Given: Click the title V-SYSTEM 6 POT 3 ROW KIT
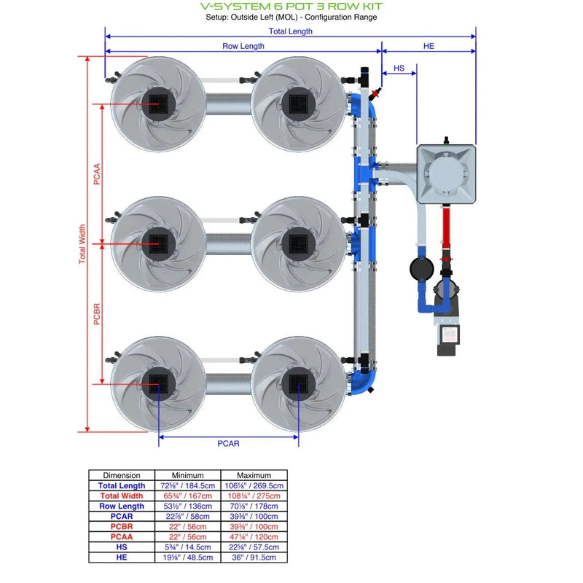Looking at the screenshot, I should tap(291, 7).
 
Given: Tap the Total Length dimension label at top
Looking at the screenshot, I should tap(290, 31).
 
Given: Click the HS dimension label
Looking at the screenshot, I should tap(399, 68).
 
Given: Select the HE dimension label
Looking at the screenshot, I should tap(429, 46).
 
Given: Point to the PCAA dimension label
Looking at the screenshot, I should tap(97, 174).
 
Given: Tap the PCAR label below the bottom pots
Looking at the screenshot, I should tap(228, 443).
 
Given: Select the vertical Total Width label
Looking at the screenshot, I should tap(82, 244).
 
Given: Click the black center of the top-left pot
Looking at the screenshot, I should tap(157, 102).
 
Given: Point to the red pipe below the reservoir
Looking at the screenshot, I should tap(447, 230).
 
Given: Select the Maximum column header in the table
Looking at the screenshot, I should tap(254, 475).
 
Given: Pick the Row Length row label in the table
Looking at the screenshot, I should tap(122, 506).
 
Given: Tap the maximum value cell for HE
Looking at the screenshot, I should tap(254, 557).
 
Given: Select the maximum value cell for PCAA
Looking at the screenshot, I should tap(254, 536).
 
